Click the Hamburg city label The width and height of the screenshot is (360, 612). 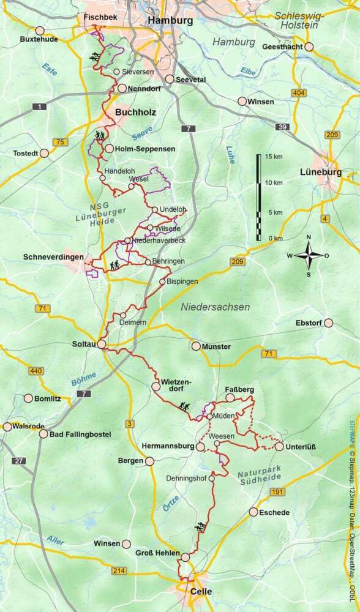[x=170, y=20]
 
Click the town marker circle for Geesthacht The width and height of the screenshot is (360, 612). [x=310, y=47]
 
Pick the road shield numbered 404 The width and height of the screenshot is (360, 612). [x=299, y=92]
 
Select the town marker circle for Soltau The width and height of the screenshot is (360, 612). [x=101, y=345]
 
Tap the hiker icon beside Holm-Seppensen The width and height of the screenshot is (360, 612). [x=100, y=137]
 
